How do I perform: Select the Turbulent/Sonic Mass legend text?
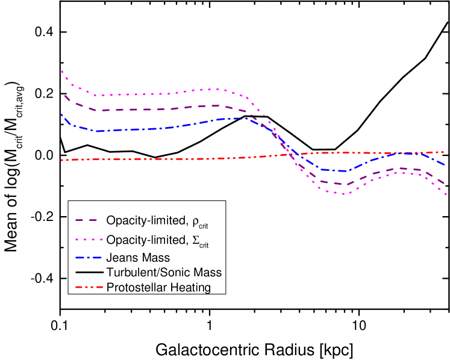pos(164,272)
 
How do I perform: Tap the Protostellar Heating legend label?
pos(158,287)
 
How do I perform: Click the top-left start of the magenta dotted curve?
pos(61,71)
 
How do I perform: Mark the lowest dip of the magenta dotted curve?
pos(342,194)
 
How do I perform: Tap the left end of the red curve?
pos(61,160)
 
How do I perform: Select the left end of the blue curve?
pos(61,114)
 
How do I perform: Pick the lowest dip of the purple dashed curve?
pos(341,184)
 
